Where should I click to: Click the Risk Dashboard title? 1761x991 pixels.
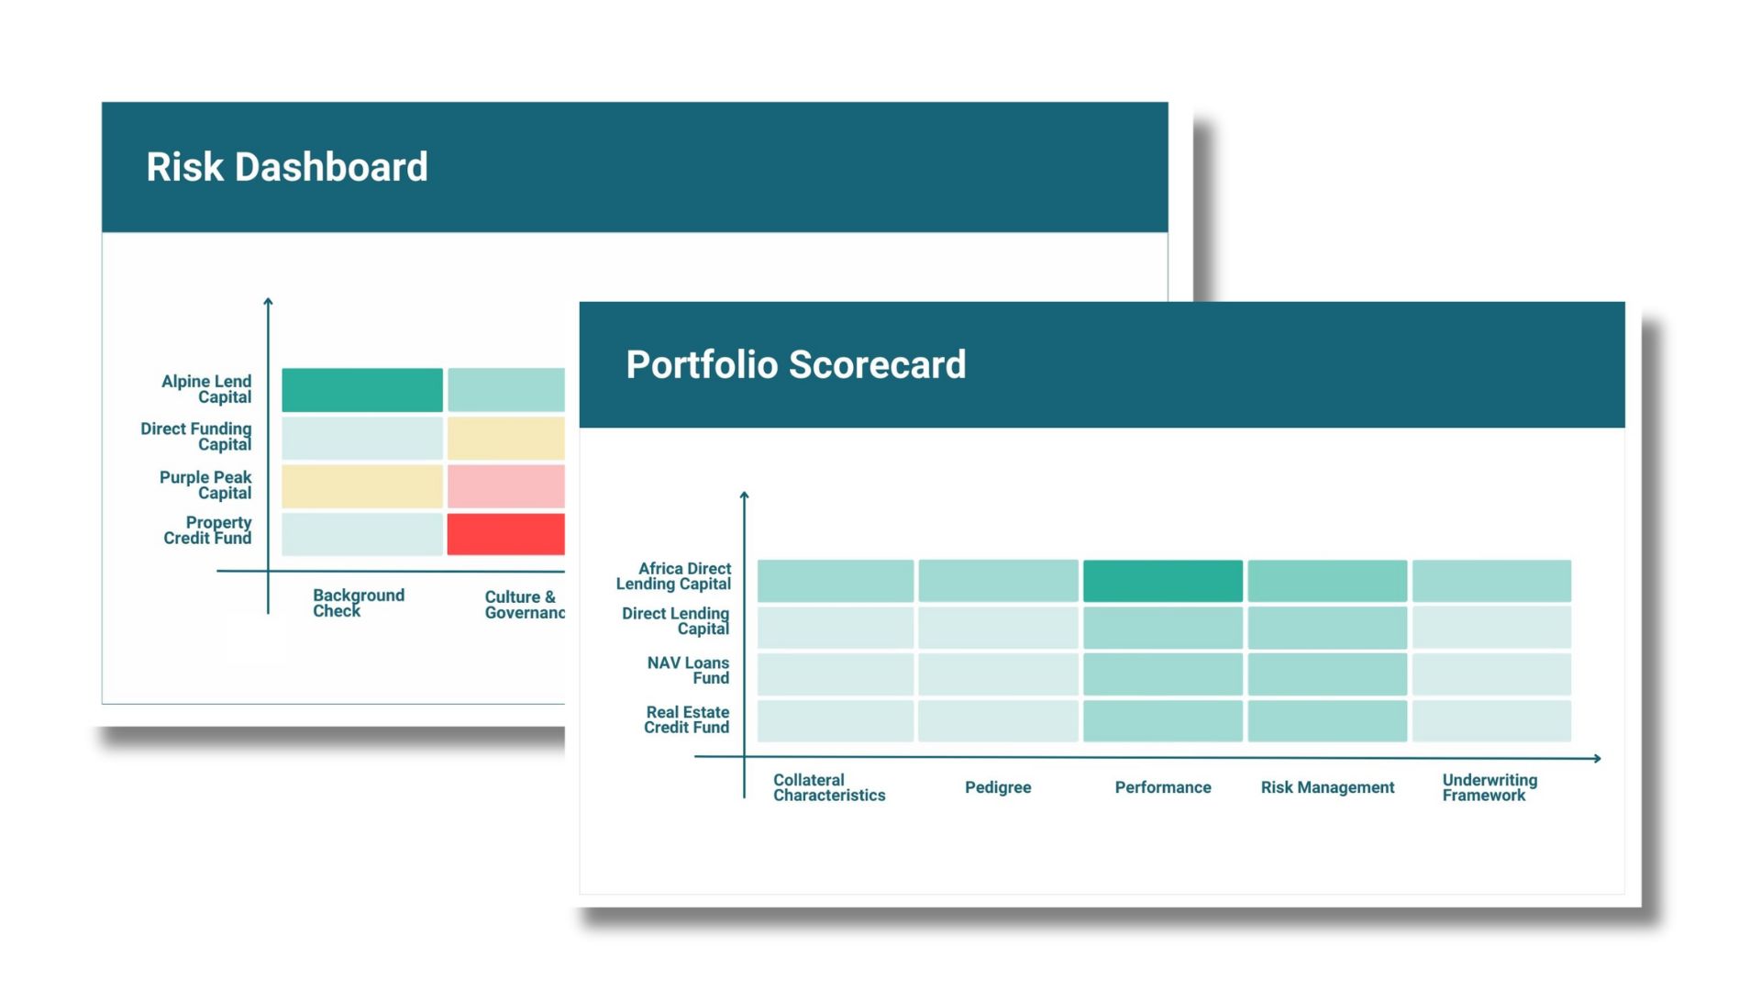coord(286,167)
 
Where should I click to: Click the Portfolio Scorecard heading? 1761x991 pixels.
coord(795,364)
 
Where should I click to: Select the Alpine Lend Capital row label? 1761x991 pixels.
coord(206,389)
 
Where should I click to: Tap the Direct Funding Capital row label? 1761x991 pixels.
coord(196,437)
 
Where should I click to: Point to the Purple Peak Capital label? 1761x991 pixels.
coord(205,485)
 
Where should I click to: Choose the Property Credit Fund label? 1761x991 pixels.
coord(208,530)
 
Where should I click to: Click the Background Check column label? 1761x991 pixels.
coord(358,603)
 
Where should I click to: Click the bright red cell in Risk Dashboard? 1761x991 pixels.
coord(505,534)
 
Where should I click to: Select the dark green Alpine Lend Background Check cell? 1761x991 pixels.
coord(361,390)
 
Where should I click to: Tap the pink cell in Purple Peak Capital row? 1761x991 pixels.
coord(505,486)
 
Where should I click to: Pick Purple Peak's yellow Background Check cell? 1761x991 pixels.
coord(361,486)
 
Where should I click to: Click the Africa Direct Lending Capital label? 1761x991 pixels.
coord(674,576)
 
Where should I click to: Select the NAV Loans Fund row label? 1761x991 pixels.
coord(689,671)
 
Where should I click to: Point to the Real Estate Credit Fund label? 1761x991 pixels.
coord(687,719)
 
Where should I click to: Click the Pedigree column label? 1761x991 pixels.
coord(998,787)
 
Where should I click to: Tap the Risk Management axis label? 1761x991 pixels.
coord(1327,787)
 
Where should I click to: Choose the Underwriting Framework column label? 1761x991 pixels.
coord(1490,787)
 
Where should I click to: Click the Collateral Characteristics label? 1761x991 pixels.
coord(829,787)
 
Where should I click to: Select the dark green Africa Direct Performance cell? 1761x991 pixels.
coord(1162,581)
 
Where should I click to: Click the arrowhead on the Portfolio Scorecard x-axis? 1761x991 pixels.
coord(1597,758)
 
